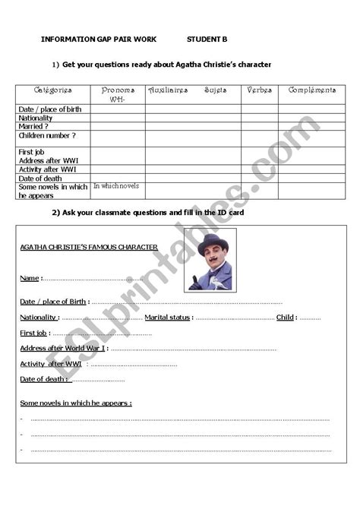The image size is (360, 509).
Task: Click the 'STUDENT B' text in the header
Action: pyautogui.click(x=207, y=39)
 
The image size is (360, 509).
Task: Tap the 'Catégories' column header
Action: pyautogui.click(x=52, y=90)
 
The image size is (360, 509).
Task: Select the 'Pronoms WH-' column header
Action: pyautogui.click(x=118, y=94)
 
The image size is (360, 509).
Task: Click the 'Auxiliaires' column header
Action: pyautogui.click(x=167, y=90)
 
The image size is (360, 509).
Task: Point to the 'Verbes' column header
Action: pyautogui.click(x=259, y=90)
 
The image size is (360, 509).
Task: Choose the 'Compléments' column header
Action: pyautogui.click(x=311, y=90)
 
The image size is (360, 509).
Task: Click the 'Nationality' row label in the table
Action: pyautogui.click(x=36, y=118)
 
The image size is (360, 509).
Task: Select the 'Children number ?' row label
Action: pyautogui.click(x=47, y=134)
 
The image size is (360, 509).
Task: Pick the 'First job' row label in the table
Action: pyautogui.click(x=32, y=151)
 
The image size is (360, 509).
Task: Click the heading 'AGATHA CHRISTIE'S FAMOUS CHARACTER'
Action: pyautogui.click(x=88, y=247)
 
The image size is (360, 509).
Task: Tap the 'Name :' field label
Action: pyautogui.click(x=31, y=279)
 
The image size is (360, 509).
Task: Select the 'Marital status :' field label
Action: pyautogui.click(x=169, y=317)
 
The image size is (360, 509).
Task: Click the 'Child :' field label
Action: pyautogui.click(x=286, y=317)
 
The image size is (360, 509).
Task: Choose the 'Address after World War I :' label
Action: pyautogui.click(x=64, y=348)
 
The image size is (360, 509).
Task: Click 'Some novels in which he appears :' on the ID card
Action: pyautogui.click(x=75, y=403)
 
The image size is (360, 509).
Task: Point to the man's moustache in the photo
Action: pyautogui.click(x=212, y=263)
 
